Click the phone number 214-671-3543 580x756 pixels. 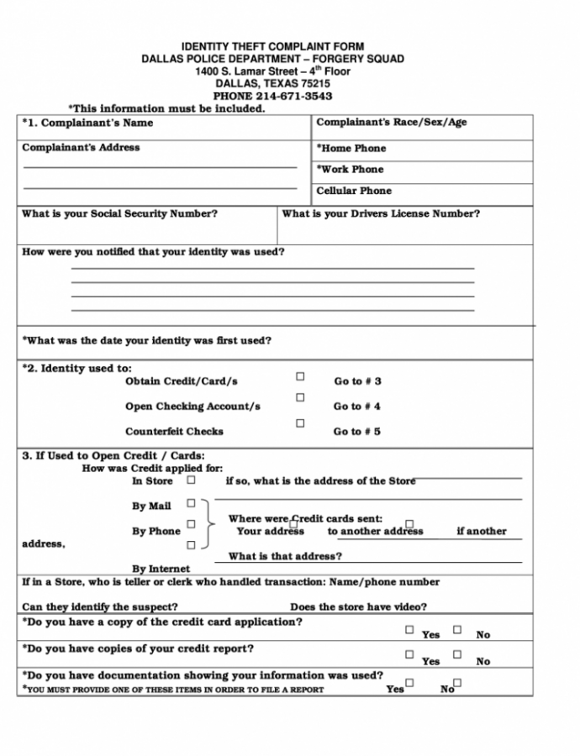(x=293, y=97)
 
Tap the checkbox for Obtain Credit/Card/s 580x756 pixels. (x=300, y=377)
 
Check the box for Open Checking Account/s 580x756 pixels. (x=300, y=397)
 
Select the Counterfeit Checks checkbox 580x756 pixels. (x=300, y=423)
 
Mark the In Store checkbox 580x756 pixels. (x=191, y=480)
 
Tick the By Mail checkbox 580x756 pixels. (x=191, y=503)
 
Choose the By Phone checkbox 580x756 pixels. (x=191, y=524)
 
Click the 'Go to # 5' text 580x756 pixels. (x=357, y=432)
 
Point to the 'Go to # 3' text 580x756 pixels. (x=357, y=381)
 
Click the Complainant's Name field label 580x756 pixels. (x=87, y=123)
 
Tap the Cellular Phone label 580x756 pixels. (x=354, y=191)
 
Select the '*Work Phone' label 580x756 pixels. (x=350, y=169)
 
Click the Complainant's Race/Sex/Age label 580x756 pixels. (x=391, y=123)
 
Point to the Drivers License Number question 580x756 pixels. (x=381, y=213)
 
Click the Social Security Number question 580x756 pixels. (x=119, y=213)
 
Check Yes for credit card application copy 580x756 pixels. (x=409, y=629)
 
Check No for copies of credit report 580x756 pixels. (x=457, y=654)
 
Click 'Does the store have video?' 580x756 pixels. (x=358, y=606)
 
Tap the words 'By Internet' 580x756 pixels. (x=161, y=569)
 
